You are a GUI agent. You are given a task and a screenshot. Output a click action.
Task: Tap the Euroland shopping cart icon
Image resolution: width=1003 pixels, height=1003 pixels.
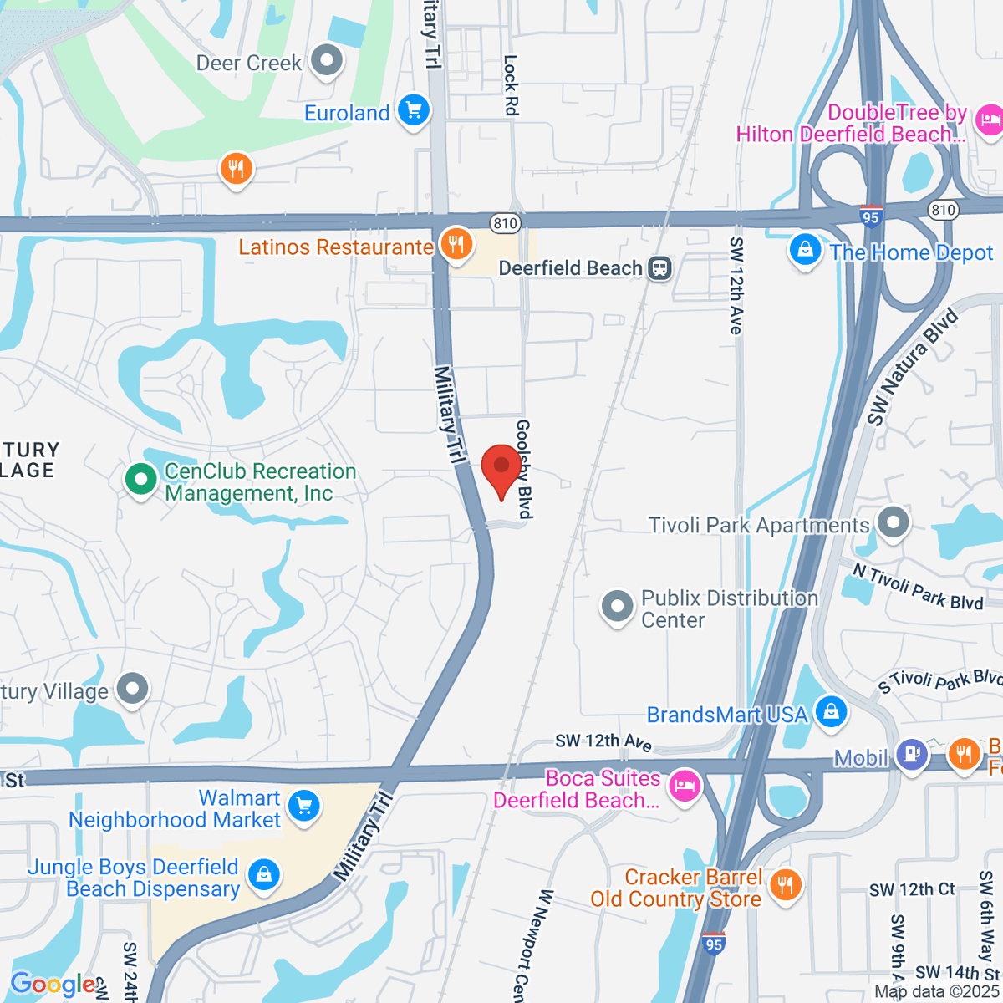click(x=413, y=110)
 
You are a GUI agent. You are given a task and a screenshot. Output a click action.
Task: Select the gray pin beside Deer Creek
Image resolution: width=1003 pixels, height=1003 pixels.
click(x=326, y=61)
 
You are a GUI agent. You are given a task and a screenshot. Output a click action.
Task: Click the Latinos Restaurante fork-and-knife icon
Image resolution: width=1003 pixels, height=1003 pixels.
click(x=456, y=245)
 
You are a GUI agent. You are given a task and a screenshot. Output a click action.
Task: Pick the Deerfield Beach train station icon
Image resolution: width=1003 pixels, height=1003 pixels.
click(x=660, y=268)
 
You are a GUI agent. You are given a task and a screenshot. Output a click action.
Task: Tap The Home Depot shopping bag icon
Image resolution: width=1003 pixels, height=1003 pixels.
click(x=805, y=250)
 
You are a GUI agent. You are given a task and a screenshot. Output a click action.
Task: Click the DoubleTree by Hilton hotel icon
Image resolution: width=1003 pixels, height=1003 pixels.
click(x=989, y=120)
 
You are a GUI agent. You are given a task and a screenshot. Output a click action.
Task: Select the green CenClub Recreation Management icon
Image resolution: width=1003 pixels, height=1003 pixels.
click(x=140, y=480)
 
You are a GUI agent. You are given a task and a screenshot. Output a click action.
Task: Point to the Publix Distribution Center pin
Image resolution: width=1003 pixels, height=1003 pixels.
click(x=618, y=607)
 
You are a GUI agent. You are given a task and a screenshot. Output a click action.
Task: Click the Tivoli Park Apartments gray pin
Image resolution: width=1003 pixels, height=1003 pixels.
click(x=894, y=522)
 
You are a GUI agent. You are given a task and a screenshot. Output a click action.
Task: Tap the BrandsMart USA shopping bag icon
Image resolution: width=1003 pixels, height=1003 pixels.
click(x=831, y=712)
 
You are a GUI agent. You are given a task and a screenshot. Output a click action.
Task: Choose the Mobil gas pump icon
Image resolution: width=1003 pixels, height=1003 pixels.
click(x=911, y=753)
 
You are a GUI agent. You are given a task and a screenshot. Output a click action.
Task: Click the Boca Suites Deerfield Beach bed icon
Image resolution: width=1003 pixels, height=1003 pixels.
click(x=685, y=787)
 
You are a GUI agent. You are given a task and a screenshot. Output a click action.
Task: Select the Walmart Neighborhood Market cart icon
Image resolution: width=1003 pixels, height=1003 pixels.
click(x=303, y=807)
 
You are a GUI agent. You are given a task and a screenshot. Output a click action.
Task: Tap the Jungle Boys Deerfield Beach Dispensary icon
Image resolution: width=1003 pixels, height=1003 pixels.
click(x=264, y=875)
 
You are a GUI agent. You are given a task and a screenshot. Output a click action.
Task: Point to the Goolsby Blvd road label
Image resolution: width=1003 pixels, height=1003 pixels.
click(x=524, y=469)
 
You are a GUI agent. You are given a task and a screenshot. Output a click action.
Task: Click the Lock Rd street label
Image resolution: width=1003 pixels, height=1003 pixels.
click(x=511, y=85)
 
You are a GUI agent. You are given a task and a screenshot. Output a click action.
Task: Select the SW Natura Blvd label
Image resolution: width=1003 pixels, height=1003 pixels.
click(x=912, y=367)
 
